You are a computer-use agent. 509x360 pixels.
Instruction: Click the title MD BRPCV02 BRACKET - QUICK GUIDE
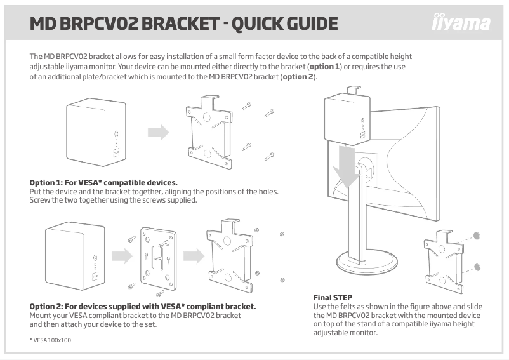tap(183, 24)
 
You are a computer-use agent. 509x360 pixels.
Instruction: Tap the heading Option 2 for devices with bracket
tap(143, 307)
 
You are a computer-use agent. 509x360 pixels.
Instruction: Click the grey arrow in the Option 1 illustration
tap(158, 132)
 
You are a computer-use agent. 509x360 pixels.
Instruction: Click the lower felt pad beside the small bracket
tap(477, 266)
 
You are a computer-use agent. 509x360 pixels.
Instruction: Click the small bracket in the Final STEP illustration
tap(444, 261)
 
